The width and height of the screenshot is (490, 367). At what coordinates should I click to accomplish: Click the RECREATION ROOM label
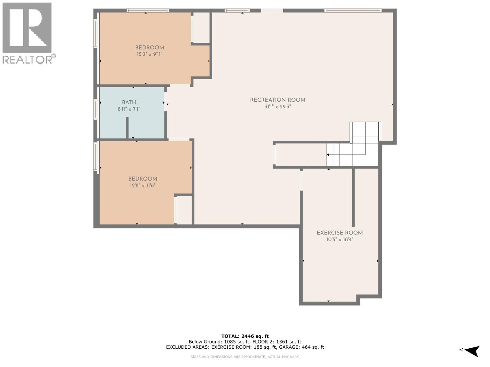(277, 100)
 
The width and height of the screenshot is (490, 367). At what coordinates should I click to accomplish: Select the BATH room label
(129, 102)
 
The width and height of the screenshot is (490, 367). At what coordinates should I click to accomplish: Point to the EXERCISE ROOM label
(340, 233)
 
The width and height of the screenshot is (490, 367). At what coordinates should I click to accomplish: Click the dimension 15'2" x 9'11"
(149, 54)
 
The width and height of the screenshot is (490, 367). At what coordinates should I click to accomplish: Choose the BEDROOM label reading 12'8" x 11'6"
(143, 179)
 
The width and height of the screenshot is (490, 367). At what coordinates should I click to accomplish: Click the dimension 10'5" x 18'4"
(340, 239)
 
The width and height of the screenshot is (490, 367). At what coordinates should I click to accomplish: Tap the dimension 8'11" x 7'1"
(129, 109)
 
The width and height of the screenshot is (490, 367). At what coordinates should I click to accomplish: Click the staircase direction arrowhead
(328, 155)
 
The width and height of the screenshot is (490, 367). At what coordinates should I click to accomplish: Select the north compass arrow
(473, 351)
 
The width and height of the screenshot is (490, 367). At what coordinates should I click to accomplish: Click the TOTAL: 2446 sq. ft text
(245, 336)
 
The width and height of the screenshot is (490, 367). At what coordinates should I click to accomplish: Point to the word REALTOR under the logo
(27, 59)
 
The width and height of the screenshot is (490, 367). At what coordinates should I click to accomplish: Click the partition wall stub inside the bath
(127, 128)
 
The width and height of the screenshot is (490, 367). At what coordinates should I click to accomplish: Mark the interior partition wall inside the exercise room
(353, 197)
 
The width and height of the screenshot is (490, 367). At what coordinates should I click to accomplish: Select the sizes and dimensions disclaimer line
(245, 357)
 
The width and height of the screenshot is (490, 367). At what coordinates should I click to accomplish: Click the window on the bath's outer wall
(95, 109)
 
